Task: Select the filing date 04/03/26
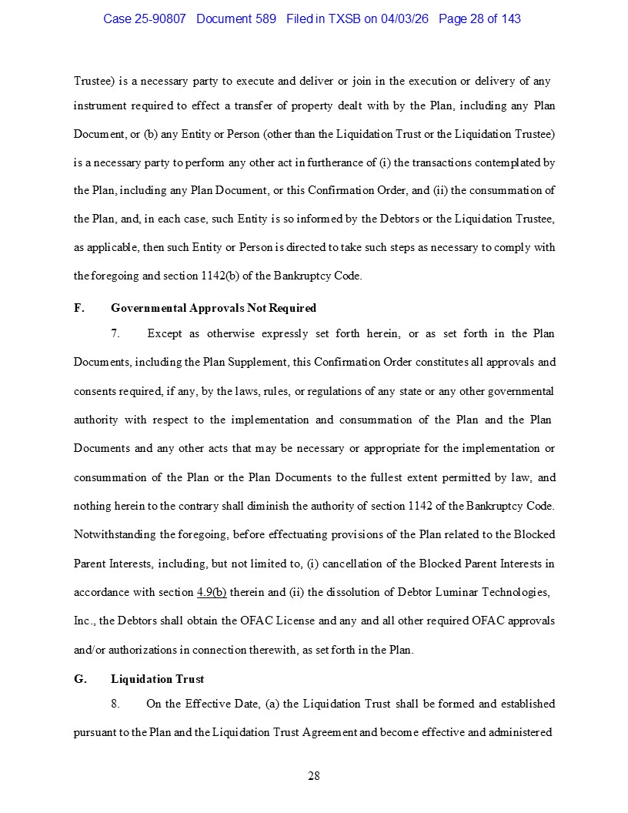(406, 18)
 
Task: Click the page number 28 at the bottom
(314, 775)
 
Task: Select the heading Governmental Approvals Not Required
(213, 308)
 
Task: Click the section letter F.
(78, 308)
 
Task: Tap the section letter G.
(79, 679)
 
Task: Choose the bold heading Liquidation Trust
(157, 679)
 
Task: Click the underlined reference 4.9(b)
(212, 592)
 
